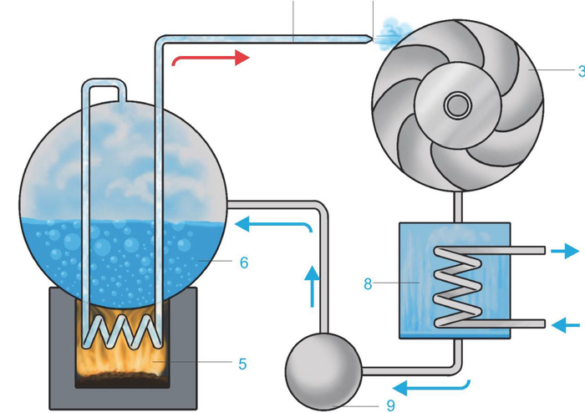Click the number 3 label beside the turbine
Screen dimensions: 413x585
click(580, 73)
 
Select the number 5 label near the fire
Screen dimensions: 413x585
click(242, 364)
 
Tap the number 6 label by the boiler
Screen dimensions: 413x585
click(243, 263)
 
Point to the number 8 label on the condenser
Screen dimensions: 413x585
click(368, 283)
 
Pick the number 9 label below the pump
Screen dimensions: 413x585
click(390, 405)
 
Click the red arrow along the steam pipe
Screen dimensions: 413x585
click(210, 59)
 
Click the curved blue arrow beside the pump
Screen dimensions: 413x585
click(431, 387)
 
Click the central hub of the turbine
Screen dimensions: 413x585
click(457, 105)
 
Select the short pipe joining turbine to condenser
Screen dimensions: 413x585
click(456, 208)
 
